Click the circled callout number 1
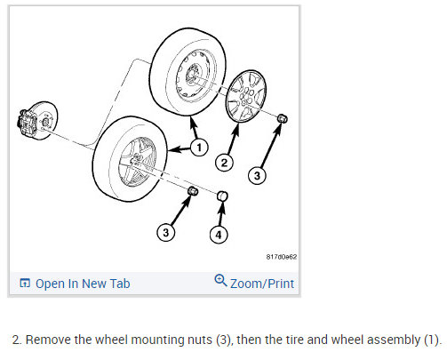[x=199, y=148]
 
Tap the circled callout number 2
[x=224, y=163]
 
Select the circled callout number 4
[x=219, y=235]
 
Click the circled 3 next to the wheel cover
[x=257, y=175]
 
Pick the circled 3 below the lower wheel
[x=166, y=232]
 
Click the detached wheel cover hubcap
[x=246, y=96]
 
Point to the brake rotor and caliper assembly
[x=37, y=120]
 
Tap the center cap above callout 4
[x=222, y=196]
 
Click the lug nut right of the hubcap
[x=283, y=118]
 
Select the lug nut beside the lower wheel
[x=193, y=191]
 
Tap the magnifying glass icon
[x=220, y=280]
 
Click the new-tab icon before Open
[x=25, y=283]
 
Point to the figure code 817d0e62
[x=281, y=257]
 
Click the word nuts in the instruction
[x=200, y=340]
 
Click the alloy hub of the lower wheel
[x=138, y=162]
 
